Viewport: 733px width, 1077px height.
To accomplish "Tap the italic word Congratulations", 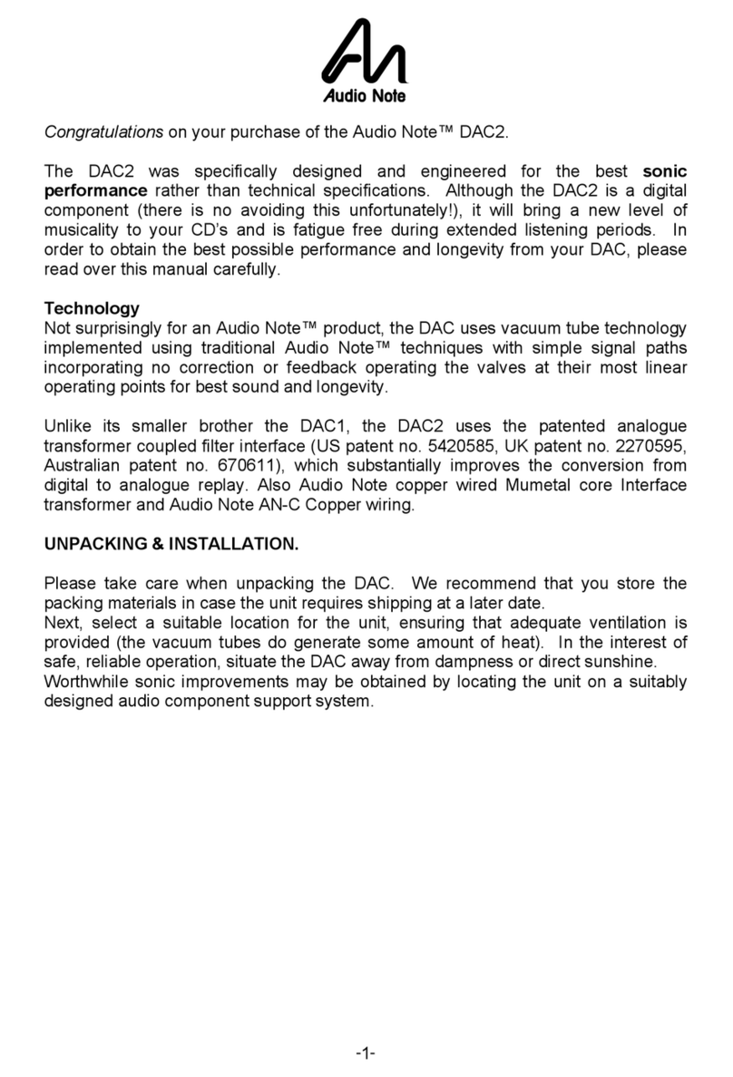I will (x=103, y=132).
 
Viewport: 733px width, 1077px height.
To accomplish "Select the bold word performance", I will (x=95, y=190).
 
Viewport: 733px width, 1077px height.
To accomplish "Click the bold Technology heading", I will (x=92, y=309).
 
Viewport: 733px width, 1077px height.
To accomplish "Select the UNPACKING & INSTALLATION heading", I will (x=171, y=545).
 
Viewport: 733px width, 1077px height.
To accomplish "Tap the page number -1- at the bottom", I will (x=366, y=1054).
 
